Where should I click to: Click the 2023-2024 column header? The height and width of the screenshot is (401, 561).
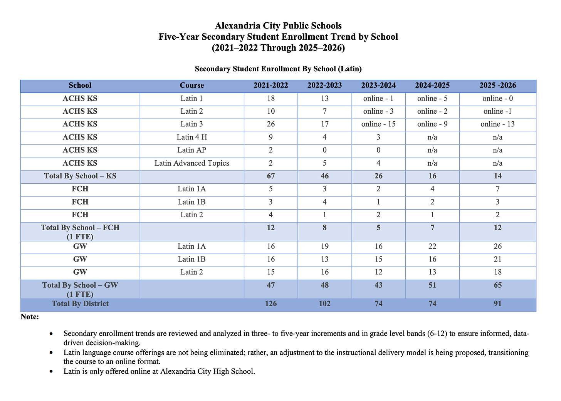pos(378,86)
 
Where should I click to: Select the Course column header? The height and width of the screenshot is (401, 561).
pos(191,86)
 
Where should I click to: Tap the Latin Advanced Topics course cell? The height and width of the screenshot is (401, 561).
pos(191,163)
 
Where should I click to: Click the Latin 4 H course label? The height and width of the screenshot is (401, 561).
pos(191,138)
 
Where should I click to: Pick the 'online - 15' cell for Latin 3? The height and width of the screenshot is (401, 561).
pos(378,124)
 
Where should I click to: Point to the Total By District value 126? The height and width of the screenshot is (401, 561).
pos(270,304)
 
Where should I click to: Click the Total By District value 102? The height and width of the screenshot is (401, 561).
pos(324,304)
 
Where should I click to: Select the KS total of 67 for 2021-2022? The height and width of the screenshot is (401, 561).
pos(270,176)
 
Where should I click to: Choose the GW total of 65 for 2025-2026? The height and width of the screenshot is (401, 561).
pos(497,285)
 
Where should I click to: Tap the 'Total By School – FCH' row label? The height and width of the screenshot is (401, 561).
pos(80,228)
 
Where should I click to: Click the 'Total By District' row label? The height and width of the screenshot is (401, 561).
pos(80,304)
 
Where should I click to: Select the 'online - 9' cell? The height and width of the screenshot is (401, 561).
pos(432,124)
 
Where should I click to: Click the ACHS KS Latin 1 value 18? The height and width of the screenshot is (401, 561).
pos(270,99)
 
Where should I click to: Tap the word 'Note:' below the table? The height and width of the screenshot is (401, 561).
pos(30,317)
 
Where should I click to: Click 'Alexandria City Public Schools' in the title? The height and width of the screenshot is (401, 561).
pos(278,26)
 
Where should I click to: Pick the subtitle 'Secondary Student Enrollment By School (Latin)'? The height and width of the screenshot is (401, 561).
pos(278,69)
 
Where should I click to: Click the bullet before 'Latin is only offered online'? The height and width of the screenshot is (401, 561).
pos(51,372)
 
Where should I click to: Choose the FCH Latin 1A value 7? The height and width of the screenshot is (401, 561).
pos(497,189)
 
